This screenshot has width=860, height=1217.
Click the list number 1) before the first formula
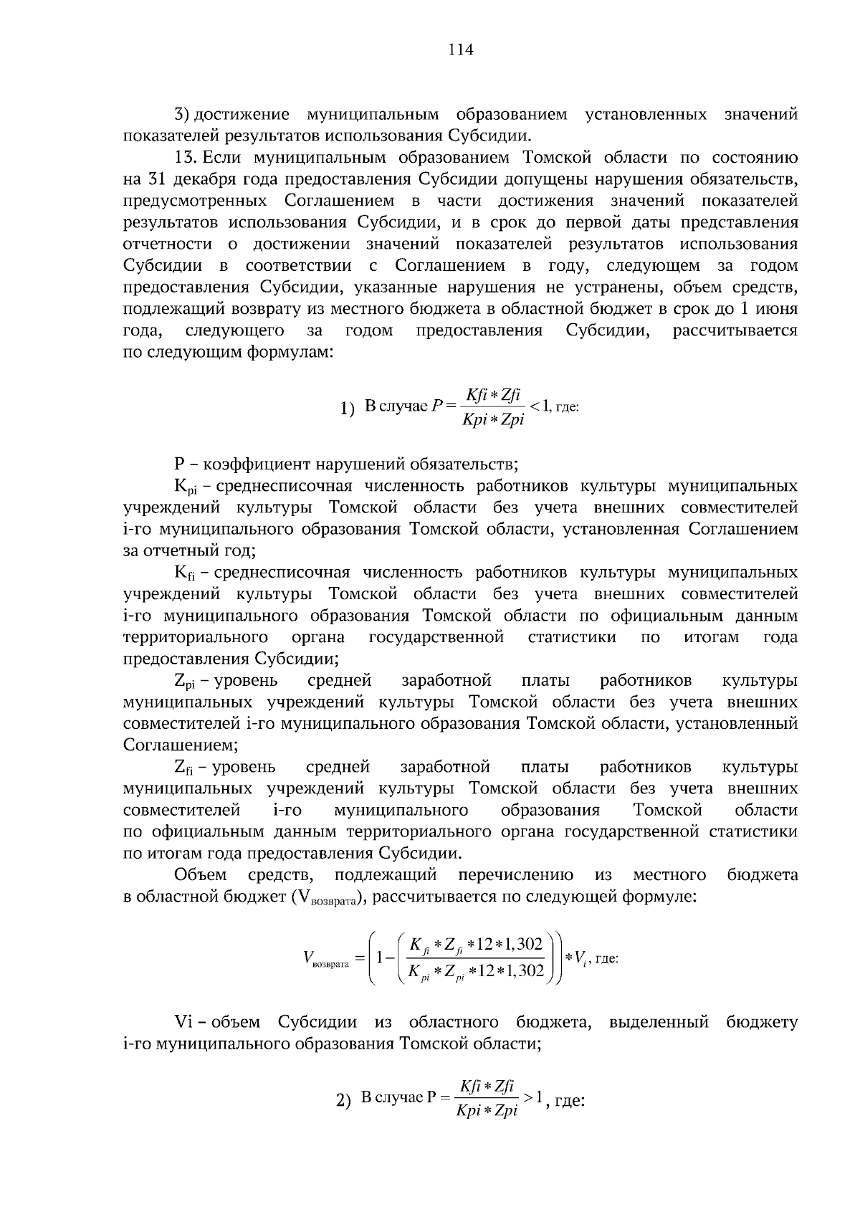tap(348, 409)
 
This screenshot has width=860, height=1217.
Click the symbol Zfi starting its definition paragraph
tap(184, 768)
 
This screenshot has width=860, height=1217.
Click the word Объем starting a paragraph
tap(201, 875)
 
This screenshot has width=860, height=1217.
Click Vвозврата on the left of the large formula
tap(326, 959)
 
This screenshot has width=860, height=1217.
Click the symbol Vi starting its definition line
tap(182, 1022)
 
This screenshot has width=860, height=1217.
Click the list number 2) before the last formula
tap(343, 1102)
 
